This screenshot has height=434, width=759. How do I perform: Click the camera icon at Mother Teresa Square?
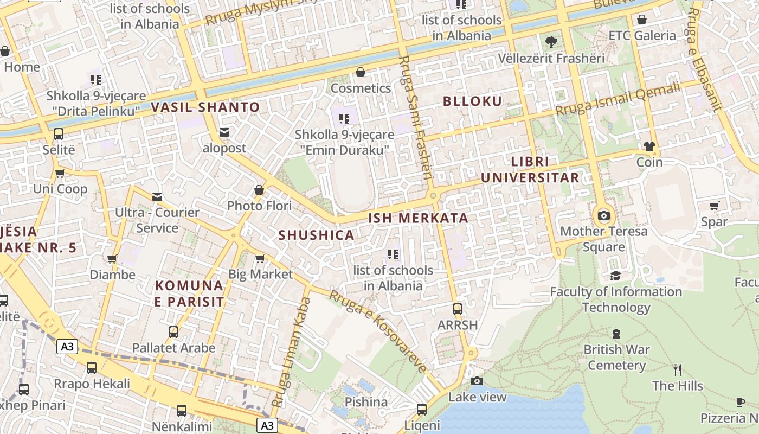pos(603,215)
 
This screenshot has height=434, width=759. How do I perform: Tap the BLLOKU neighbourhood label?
pos(472,101)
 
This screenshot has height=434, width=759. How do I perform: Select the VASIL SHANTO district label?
pos(205,107)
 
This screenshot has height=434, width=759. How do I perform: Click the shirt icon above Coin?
pos(649,146)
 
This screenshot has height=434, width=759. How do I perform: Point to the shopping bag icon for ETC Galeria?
pos(642,20)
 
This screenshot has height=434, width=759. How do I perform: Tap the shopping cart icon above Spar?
pos(715,206)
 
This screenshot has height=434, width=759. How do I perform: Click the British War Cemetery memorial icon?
pos(616,333)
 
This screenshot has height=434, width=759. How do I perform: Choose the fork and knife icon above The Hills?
pos(677,370)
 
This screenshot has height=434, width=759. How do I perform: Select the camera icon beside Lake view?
pos(477,381)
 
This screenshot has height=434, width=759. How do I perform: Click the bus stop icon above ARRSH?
pos(458,309)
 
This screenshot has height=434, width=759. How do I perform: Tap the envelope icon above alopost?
pos(224,132)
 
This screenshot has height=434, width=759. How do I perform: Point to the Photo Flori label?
pos(259,206)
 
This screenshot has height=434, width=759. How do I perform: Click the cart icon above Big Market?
pos(260,258)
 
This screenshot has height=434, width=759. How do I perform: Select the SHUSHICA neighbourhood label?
pos(317,235)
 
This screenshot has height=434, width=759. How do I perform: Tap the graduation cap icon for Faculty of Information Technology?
pos(615,276)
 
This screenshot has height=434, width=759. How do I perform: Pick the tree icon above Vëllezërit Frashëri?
pos(551,41)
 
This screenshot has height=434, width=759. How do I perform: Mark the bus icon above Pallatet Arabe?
pos(173,331)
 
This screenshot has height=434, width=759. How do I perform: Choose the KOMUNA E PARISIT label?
pos(189,293)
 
